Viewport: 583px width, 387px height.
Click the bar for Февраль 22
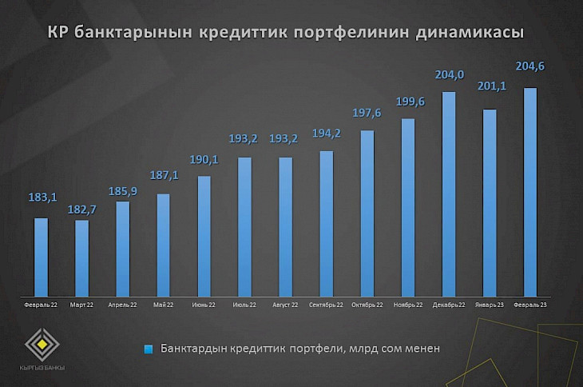pyautogui.click(x=41, y=256)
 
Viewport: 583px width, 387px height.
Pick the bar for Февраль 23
pyautogui.click(x=530, y=191)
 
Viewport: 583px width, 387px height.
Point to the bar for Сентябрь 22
pyautogui.click(x=326, y=223)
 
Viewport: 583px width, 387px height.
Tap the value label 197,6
pyautogui.click(x=367, y=113)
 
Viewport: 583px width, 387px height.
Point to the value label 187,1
pyautogui.click(x=163, y=174)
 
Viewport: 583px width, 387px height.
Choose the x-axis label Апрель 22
pyautogui.click(x=122, y=305)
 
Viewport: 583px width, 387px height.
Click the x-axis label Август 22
pyautogui.click(x=285, y=305)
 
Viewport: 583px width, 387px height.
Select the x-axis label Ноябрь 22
pyautogui.click(x=407, y=305)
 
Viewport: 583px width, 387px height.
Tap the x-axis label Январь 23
pyautogui.click(x=490, y=305)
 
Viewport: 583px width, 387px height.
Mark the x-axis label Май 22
pyautogui.click(x=163, y=305)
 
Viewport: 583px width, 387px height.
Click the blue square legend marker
pyautogui.click(x=148, y=349)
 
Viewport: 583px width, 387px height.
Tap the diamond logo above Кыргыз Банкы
pyautogui.click(x=43, y=345)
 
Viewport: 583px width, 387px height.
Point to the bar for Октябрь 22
pyautogui.click(x=367, y=213)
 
